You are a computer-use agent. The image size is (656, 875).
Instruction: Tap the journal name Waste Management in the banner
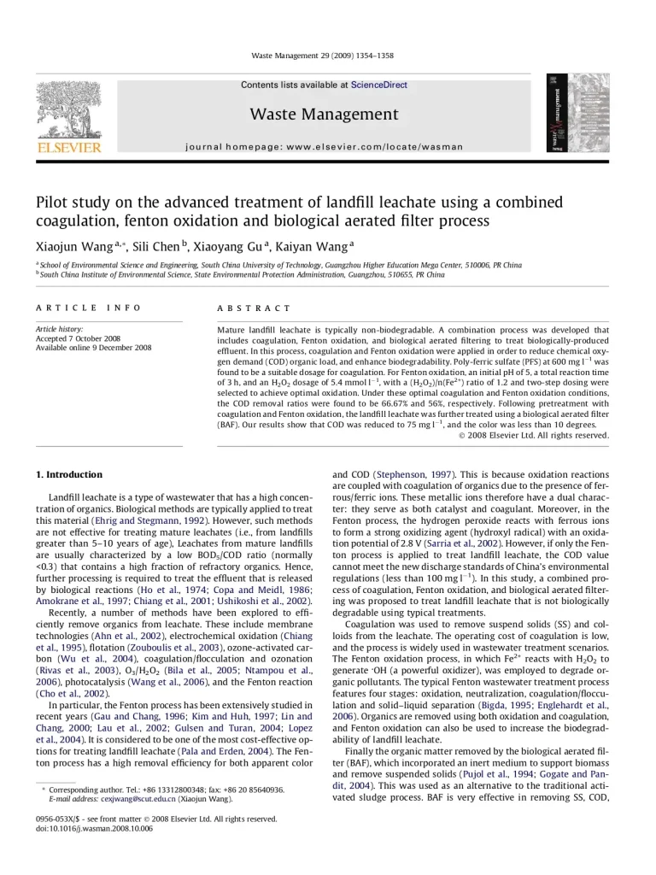point(324,115)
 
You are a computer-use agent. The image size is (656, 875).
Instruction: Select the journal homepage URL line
point(324,147)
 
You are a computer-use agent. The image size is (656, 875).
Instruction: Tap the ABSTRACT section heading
point(254,308)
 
